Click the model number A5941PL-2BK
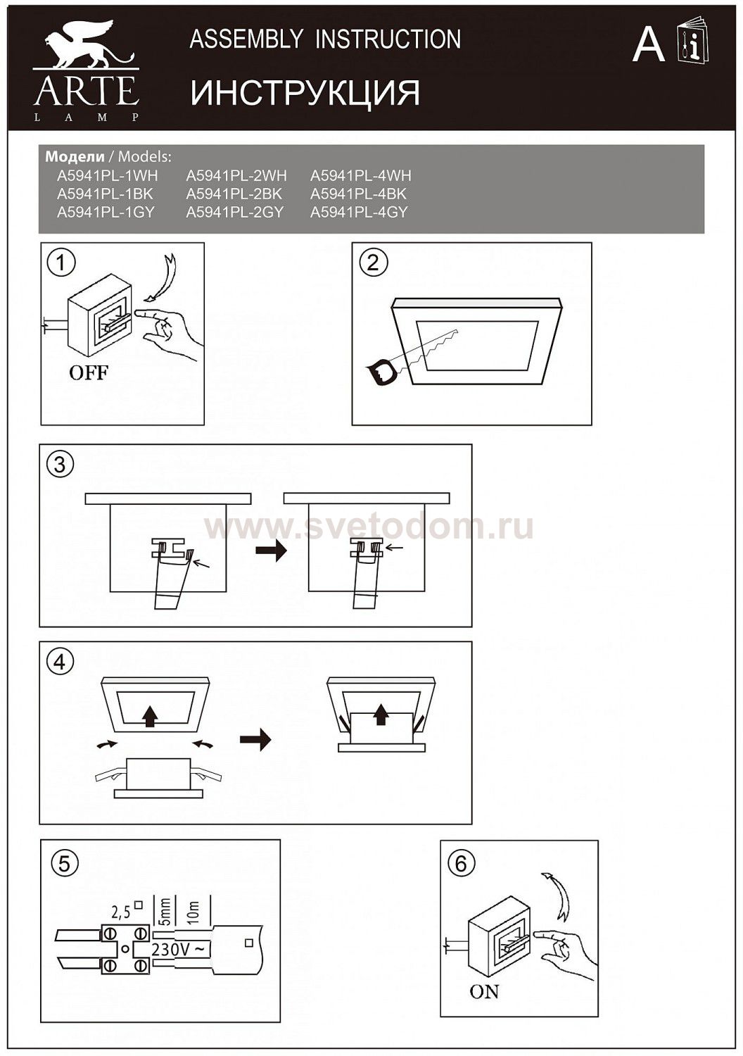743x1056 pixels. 234,194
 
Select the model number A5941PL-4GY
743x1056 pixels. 359,212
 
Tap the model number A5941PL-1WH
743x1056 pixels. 107,175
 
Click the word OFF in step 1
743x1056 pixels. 89,372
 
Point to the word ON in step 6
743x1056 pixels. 484,991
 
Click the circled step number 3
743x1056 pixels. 60,465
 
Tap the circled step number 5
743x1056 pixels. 64,862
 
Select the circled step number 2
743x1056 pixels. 373,263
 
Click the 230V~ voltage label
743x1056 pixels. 180,948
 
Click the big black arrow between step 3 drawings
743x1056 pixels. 271,551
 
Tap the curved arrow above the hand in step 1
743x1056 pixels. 166,278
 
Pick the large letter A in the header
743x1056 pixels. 648,46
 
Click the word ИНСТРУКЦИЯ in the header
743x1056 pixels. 305,93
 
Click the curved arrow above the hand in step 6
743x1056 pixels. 561,895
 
